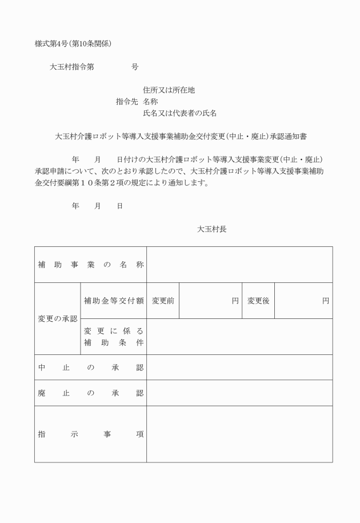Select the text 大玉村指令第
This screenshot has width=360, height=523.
pos(71,67)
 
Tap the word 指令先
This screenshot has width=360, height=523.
pos(127,101)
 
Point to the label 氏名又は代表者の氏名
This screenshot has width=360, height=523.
pos(179,113)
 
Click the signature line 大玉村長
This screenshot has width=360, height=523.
pos(212,229)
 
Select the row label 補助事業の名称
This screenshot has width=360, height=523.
pos(90,265)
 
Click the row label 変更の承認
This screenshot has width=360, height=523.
pos(57,318)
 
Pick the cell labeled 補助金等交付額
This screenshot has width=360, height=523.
pos(113,301)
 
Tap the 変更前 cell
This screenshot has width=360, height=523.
pos(163,301)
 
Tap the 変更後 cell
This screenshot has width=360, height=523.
pos(258,301)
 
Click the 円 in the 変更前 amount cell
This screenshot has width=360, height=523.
pos(235,301)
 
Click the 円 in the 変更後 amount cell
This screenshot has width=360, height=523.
pos(326,301)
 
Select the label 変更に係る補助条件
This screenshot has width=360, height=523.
pos(113,337)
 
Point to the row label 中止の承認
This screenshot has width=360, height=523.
pos(90,367)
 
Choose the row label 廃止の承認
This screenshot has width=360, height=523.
pos(90,393)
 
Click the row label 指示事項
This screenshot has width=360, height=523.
pos(90,434)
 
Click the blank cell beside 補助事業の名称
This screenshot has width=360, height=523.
pos(239,265)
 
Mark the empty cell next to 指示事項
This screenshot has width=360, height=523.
pos(239,434)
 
